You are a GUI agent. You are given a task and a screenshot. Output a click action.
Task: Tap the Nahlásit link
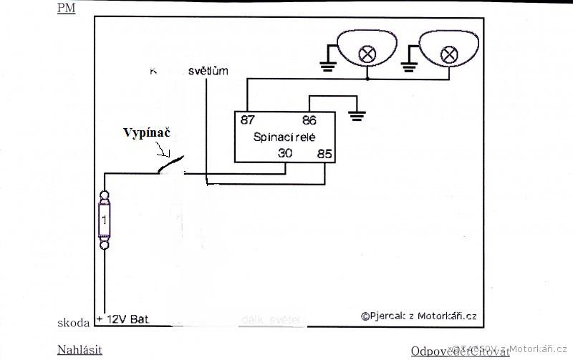tap(80, 350)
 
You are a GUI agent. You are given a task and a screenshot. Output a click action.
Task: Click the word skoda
tap(74, 323)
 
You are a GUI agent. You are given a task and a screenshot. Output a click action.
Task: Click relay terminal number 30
tap(285, 152)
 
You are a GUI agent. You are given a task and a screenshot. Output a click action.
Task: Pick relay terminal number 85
tap(325, 152)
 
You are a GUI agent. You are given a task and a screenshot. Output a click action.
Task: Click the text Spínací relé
tap(285, 137)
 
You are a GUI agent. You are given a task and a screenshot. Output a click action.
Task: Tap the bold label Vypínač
tap(149, 133)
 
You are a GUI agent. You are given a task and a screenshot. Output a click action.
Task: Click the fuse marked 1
tap(105, 221)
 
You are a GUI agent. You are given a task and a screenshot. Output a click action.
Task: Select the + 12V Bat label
tap(122, 318)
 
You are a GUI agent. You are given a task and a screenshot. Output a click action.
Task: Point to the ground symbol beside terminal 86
tap(356, 114)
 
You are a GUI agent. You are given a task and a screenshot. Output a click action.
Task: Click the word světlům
tap(208, 72)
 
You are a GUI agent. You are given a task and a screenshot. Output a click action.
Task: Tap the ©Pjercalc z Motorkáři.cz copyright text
tap(418, 315)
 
